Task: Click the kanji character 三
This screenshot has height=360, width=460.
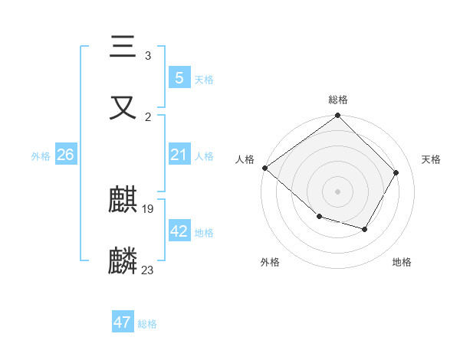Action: [x=123, y=48]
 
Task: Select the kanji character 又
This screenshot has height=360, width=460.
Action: [x=123, y=107]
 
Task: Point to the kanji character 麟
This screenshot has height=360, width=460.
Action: [x=123, y=260]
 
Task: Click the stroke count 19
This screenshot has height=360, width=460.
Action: [x=148, y=208]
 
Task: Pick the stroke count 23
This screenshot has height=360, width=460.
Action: [x=148, y=270]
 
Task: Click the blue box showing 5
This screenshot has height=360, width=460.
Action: [x=179, y=78]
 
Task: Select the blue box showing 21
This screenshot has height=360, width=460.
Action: [x=179, y=155]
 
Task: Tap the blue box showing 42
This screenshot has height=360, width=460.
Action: [x=179, y=231]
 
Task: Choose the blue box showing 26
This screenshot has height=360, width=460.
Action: [x=65, y=155]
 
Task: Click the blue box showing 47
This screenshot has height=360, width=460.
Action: [x=123, y=322]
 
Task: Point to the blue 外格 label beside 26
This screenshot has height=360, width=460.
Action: [x=41, y=155]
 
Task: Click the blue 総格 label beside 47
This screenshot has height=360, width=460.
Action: [x=147, y=323]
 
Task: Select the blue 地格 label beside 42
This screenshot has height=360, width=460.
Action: [x=204, y=232]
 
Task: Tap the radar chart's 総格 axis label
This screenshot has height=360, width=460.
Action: [x=338, y=100]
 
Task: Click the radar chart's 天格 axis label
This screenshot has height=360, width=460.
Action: [x=432, y=159]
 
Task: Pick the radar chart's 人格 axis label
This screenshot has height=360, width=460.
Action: [x=245, y=159]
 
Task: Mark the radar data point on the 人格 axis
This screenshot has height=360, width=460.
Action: [x=264, y=168]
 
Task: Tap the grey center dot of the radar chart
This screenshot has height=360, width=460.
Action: [x=338, y=191]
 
